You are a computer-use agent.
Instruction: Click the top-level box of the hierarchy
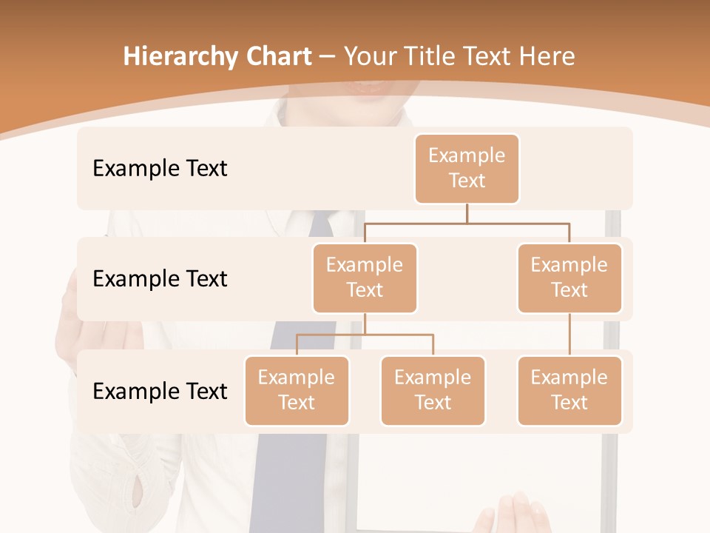467,168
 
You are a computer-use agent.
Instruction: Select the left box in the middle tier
365,278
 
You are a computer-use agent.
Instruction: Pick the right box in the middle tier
569,278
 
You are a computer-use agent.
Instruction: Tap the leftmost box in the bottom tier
297,390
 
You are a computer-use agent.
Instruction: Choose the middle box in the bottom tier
433,390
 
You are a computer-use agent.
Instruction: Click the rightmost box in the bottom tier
569,390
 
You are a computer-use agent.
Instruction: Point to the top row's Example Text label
160,168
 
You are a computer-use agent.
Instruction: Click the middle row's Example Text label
160,278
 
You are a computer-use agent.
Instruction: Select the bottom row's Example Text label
160,391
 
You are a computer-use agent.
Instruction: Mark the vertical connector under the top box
467,213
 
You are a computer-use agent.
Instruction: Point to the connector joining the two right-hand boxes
569,335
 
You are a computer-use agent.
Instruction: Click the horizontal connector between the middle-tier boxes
467,222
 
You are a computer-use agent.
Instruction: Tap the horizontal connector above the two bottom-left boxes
365,335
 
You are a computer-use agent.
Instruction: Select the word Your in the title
368,56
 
